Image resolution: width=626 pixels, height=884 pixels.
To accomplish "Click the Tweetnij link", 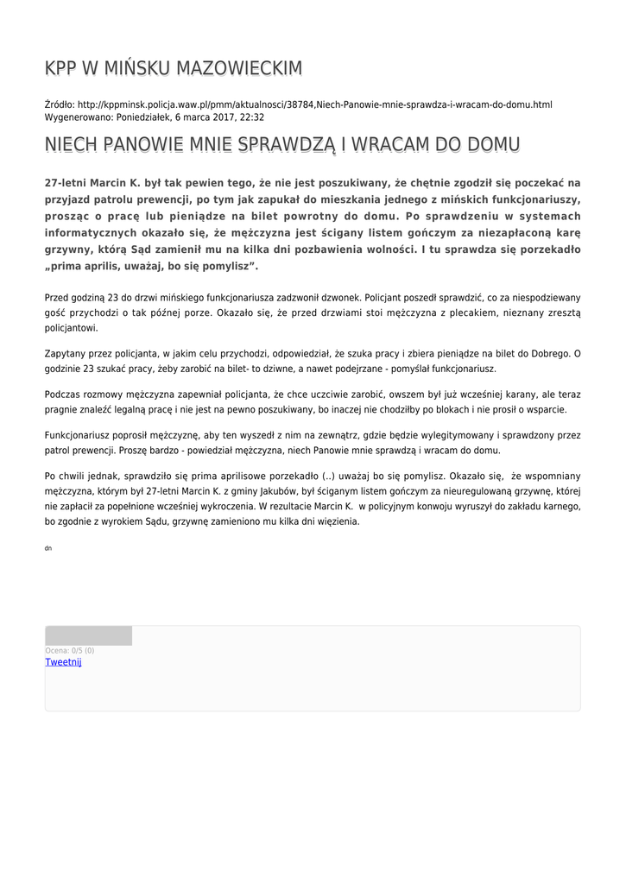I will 63,662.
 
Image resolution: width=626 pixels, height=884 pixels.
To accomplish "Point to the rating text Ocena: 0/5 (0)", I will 70,651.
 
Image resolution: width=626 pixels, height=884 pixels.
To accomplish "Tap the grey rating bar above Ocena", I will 88,636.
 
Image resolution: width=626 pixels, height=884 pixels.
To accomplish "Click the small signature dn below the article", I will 47,548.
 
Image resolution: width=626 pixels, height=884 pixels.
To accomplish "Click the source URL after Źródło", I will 314,104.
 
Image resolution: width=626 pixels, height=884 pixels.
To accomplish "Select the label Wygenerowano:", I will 79,117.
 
